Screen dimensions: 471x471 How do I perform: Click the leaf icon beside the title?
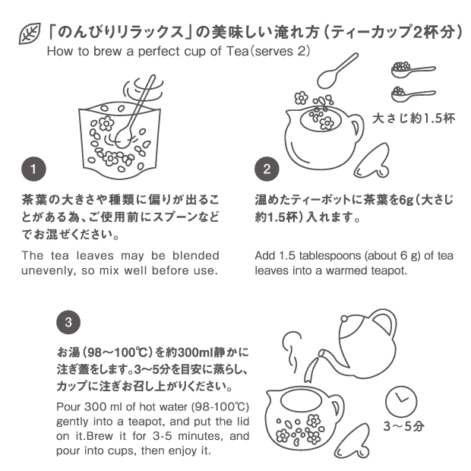point(30,34)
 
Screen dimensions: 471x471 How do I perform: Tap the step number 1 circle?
point(33,169)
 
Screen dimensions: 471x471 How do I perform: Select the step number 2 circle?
point(267,169)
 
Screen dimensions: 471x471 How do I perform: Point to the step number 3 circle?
point(68,322)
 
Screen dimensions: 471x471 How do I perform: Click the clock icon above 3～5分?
point(401,402)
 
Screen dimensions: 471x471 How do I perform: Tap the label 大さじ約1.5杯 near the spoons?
point(413,119)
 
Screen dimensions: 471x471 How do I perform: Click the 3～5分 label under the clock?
point(403,426)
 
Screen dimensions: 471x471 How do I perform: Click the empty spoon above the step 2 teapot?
point(337,71)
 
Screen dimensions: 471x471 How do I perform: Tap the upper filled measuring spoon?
point(413,70)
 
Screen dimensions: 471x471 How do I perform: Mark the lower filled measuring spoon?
point(413,94)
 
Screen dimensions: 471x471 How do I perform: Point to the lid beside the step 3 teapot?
point(352,441)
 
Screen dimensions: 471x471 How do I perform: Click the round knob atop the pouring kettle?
point(345,318)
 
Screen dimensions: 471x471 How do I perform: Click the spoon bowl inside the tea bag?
point(123,139)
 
